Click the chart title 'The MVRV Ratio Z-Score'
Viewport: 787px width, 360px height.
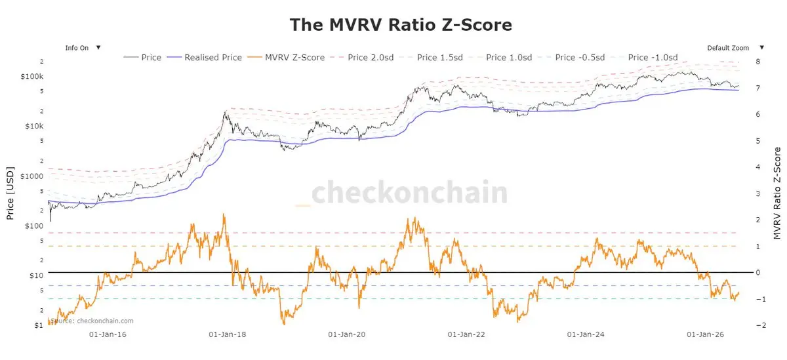click(401, 25)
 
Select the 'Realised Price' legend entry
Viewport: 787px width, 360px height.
click(204, 57)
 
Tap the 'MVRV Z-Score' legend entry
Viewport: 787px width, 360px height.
click(286, 57)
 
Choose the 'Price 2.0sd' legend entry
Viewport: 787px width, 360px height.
click(362, 57)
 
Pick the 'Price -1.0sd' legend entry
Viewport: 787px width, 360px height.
click(644, 57)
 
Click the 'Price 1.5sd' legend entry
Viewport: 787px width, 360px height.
click(431, 57)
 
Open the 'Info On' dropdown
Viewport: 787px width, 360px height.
click(83, 48)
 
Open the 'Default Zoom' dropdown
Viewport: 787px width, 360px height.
click(736, 48)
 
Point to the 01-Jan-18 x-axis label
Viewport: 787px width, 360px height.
click(228, 334)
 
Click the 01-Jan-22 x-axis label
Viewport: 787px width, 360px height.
click(466, 334)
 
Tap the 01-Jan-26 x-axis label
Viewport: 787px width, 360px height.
click(706, 334)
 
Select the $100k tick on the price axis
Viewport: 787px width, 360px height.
click(32, 76)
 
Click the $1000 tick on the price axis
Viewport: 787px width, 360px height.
click(32, 176)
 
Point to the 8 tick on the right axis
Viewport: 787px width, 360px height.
click(758, 62)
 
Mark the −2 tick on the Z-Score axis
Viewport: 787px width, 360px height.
click(761, 325)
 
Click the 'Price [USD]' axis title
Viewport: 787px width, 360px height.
click(10, 193)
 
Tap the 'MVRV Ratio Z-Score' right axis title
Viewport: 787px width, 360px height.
click(777, 193)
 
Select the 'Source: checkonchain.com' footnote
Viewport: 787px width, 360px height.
click(92, 321)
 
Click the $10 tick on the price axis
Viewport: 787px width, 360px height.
click(37, 275)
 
